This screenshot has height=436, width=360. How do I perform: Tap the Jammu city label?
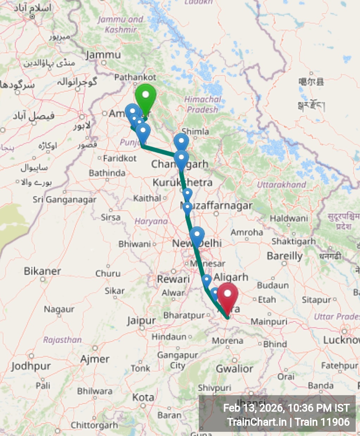[x=103, y=55]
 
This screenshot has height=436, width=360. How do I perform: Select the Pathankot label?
[x=135, y=77]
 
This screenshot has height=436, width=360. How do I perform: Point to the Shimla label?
[x=195, y=131]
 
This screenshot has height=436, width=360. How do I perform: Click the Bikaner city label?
[x=42, y=271]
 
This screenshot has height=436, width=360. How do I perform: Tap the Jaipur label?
[x=141, y=321]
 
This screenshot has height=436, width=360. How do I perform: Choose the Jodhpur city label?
[x=31, y=366]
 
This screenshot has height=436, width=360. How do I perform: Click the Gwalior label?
[x=234, y=369]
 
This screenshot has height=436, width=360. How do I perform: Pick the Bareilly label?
[x=285, y=256]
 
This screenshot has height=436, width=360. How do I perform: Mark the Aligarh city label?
[x=231, y=277]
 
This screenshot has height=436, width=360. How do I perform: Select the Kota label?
[x=143, y=398]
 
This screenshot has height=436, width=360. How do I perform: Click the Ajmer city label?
[x=95, y=359]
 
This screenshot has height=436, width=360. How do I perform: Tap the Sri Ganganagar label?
[x=64, y=199]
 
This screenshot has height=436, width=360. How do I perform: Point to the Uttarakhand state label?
[x=281, y=185]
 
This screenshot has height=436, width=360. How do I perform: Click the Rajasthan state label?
[x=62, y=340]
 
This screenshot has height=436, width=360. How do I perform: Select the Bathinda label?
[x=107, y=173]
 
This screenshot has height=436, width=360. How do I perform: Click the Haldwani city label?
[x=289, y=219]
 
